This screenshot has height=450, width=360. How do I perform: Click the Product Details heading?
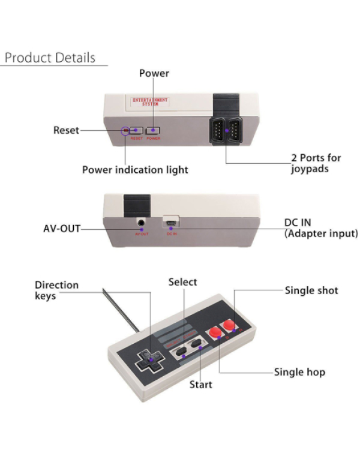pos(50,58)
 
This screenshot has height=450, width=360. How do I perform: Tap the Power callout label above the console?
pos(154,73)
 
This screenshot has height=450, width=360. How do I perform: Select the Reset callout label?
pos(66,130)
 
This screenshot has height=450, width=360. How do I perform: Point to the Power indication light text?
pos(135,170)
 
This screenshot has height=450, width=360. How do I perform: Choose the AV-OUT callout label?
pos(62,229)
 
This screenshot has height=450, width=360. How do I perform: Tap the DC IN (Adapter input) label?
pos(320,227)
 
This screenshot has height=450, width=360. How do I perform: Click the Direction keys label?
pos(56,290)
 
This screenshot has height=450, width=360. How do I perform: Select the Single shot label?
pos(311,290)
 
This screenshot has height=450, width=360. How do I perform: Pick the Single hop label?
pos(299,372)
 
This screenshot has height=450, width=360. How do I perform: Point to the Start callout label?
pos(201,384)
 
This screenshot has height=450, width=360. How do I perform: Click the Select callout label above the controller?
pos(182,282)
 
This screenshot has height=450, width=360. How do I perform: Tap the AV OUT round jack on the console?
pos(142,223)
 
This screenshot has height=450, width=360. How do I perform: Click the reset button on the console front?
pos(136,130)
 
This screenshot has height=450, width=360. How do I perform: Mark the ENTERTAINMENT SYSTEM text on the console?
pos(150,101)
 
